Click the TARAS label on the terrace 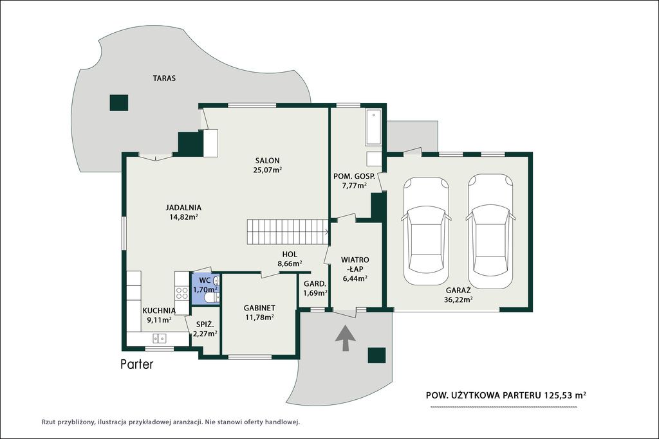pyautogui.click(x=164, y=78)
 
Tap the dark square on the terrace pyautogui.click(x=119, y=103)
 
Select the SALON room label pyautogui.click(x=267, y=160)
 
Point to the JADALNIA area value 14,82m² pyautogui.click(x=183, y=217)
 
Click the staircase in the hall pyautogui.click(x=288, y=231)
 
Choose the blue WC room pyautogui.click(x=205, y=289)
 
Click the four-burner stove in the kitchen pyautogui.click(x=182, y=293)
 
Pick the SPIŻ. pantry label pyautogui.click(x=205, y=325)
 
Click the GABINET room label pyautogui.click(x=259, y=308)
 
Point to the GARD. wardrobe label pyautogui.click(x=315, y=283)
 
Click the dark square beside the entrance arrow pyautogui.click(x=376, y=355)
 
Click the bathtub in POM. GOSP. pyautogui.click(x=373, y=127)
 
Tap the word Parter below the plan pyautogui.click(x=137, y=364)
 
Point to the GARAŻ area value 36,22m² pyautogui.click(x=458, y=300)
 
